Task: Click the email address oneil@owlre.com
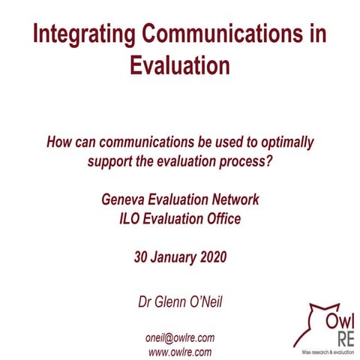click(x=180, y=336)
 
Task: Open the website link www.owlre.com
click(x=180, y=351)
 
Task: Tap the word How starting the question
click(x=60, y=140)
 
